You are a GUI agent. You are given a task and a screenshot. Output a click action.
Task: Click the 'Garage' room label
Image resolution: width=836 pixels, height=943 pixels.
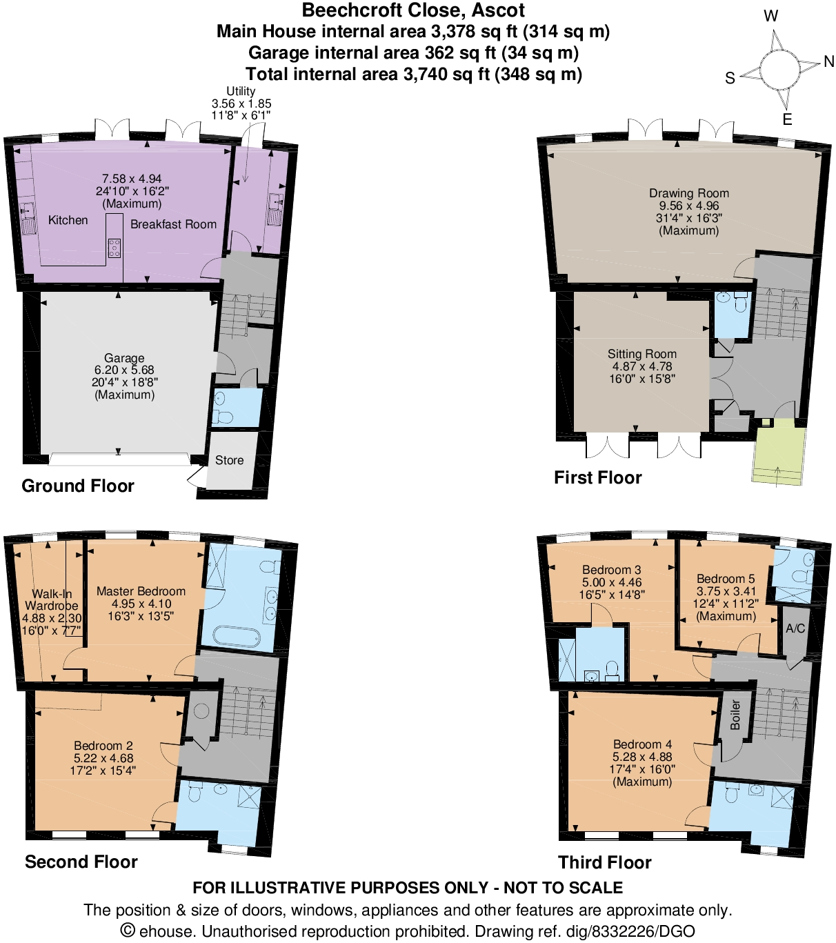[x=124, y=358]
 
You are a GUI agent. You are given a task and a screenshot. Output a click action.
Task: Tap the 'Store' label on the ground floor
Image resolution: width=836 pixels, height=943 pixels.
[x=229, y=460]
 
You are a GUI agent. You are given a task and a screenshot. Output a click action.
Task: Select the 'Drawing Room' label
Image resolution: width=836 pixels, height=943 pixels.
[x=688, y=193]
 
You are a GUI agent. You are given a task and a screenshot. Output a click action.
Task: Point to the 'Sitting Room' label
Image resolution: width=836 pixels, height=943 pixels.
[x=641, y=354]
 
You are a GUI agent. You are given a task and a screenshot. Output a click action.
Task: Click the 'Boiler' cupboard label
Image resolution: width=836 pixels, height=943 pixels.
[x=735, y=715]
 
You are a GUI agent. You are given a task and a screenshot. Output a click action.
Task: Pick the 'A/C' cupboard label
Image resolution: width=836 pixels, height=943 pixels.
[x=795, y=628]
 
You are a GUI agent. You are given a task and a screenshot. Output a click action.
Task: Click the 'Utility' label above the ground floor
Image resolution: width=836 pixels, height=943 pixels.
[x=241, y=91]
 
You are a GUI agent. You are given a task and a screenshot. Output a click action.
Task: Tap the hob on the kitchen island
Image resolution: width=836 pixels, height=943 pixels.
[x=115, y=248]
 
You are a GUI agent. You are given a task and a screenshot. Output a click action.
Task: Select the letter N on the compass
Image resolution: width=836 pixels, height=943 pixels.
[x=828, y=62]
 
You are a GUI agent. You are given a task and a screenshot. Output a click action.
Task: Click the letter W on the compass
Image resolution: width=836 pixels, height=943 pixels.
[x=770, y=16]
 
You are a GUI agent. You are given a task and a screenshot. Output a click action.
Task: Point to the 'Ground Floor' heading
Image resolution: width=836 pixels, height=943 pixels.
[x=78, y=486]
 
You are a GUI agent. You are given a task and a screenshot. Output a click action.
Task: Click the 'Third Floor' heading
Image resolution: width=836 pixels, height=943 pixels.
[x=604, y=862]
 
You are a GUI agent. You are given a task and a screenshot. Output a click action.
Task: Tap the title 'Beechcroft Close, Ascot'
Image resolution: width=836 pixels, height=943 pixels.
[x=413, y=10]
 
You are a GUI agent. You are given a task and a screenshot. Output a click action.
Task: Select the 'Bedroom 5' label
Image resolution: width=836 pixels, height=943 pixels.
[x=725, y=579]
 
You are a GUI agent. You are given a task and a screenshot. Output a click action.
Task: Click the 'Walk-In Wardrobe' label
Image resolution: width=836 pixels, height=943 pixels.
[x=52, y=599]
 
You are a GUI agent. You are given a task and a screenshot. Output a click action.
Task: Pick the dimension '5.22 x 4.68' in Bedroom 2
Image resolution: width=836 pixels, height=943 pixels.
[x=103, y=758]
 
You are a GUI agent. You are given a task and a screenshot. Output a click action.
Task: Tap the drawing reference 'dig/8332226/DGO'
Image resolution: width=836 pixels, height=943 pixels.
[x=630, y=931]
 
